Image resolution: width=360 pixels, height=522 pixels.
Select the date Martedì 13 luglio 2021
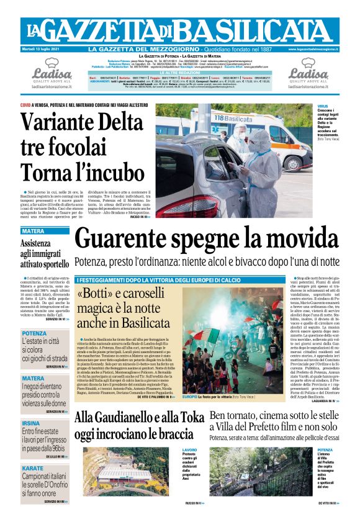coord(42,48)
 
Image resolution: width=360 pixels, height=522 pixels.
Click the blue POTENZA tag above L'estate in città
coord(34,334)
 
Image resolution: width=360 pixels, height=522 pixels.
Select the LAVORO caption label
coord(189,449)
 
